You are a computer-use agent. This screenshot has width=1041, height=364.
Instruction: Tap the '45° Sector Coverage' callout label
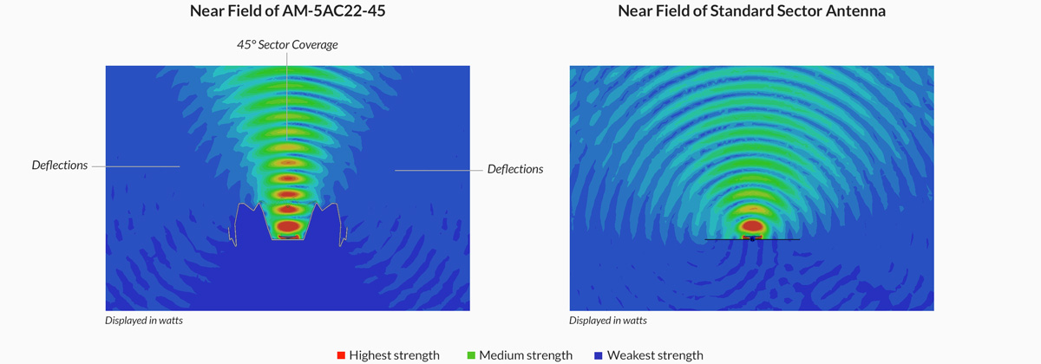[287, 44]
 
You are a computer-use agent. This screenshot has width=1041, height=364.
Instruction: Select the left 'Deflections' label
[60, 165]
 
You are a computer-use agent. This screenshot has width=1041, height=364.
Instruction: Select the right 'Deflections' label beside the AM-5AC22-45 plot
[515, 169]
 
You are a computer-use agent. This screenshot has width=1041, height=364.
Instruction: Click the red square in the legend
[341, 355]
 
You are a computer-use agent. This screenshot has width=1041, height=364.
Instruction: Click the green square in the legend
[472, 355]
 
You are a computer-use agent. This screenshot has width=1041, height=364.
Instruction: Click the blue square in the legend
[599, 355]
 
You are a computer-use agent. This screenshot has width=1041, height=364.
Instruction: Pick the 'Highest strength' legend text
[394, 355]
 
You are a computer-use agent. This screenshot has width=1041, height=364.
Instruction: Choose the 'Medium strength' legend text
[526, 355]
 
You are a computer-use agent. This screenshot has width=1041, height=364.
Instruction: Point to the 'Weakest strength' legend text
[655, 355]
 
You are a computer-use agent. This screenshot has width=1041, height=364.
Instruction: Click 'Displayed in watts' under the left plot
[144, 321]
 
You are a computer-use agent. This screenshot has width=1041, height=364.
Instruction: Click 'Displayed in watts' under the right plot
[608, 321]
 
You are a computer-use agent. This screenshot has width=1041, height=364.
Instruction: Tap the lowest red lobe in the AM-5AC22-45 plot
[287, 227]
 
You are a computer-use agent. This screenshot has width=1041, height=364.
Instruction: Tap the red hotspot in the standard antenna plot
[752, 227]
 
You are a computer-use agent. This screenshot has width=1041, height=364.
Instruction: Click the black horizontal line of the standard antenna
[781, 238]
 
